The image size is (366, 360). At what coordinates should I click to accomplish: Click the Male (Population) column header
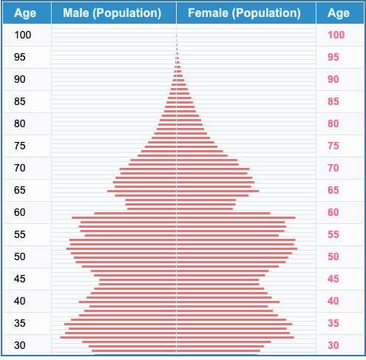112,13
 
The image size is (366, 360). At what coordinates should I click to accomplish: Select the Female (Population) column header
244,13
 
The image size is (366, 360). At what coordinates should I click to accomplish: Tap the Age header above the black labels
25,13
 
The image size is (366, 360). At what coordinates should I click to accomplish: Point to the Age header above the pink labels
339,13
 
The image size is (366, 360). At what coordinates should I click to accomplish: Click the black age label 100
23,35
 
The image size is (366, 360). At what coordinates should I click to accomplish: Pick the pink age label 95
333,57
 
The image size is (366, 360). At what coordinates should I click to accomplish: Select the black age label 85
20,101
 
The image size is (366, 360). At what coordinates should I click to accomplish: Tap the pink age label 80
333,123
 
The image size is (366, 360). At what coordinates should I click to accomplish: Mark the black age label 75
20,146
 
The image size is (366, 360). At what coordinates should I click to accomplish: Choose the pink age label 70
333,168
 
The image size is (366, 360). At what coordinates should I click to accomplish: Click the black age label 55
20,234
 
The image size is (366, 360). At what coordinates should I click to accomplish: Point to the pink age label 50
333,257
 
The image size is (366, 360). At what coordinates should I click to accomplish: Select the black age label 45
20,279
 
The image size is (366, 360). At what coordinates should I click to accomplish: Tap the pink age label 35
333,323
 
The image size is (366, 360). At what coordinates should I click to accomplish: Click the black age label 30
20,345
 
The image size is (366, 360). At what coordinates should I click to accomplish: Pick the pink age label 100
336,35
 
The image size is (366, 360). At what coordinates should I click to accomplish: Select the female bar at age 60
223,213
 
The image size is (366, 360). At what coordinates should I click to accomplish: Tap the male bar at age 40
127,302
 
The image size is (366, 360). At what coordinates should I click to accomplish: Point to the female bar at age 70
213,169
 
